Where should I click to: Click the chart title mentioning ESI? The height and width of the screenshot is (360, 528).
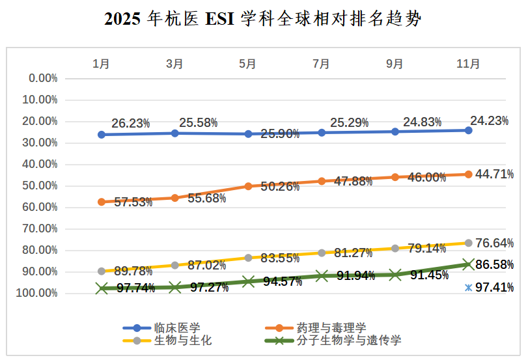263,19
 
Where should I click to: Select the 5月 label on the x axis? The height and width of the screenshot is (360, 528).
247,64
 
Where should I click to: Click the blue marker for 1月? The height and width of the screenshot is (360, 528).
102,135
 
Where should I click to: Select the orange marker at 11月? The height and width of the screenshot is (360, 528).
468,174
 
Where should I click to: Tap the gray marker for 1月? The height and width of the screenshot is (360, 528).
102,271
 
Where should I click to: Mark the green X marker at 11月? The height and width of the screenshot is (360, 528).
468,264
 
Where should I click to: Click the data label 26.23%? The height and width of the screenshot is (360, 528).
130,123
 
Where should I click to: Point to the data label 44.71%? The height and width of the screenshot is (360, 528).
494,174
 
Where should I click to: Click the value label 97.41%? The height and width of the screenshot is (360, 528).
494,287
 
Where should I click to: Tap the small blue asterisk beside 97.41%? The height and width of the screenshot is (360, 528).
468,287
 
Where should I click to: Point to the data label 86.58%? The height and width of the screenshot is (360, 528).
494,265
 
